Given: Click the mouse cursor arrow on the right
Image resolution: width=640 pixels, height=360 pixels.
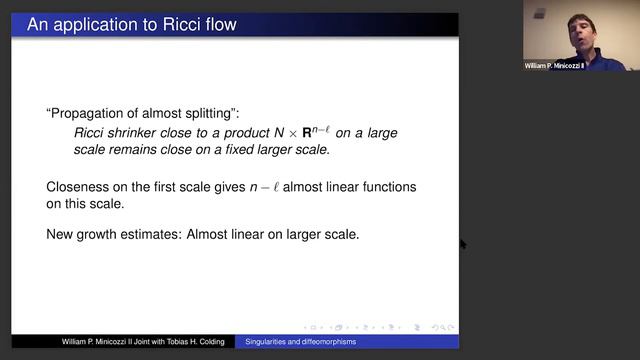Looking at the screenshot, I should point(462,243).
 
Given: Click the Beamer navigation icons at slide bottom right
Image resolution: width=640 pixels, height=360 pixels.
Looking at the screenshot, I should point(380,326).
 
